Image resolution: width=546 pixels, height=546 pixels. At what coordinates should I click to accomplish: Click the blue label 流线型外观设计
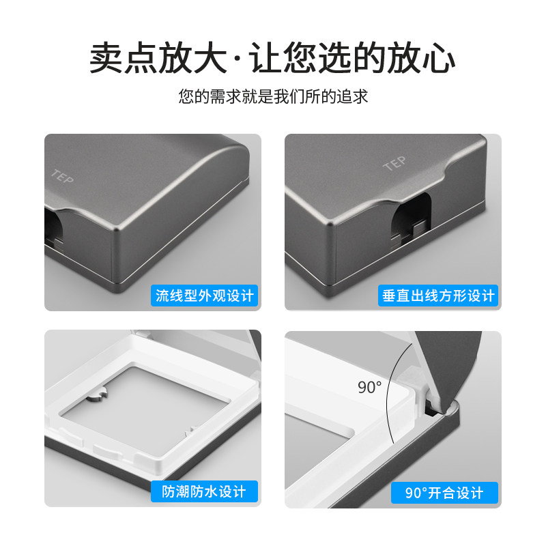tap(204, 296)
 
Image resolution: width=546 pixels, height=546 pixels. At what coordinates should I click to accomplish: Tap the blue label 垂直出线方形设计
tap(438, 296)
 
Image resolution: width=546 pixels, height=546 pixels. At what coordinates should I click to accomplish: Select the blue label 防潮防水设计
tap(204, 491)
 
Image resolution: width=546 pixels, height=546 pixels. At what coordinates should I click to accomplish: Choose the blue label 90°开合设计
tap(444, 493)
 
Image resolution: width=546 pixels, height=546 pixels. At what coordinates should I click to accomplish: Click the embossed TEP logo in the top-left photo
tap(62, 177)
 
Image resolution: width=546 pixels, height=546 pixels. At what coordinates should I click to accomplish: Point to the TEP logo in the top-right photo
tap(395, 163)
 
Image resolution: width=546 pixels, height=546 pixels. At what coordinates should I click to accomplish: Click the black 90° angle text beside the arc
tap(369, 387)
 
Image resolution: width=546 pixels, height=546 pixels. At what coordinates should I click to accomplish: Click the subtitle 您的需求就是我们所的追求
tap(274, 96)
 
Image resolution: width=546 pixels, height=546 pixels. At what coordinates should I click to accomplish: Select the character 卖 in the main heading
tap(106, 57)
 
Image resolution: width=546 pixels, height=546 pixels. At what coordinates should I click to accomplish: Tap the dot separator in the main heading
tap(238, 58)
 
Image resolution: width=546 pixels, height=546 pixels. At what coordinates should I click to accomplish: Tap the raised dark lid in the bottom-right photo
tap(449, 366)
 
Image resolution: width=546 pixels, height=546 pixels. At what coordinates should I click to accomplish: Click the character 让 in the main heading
tap(265, 57)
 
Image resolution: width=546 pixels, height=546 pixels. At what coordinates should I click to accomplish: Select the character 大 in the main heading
tap(210, 57)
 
